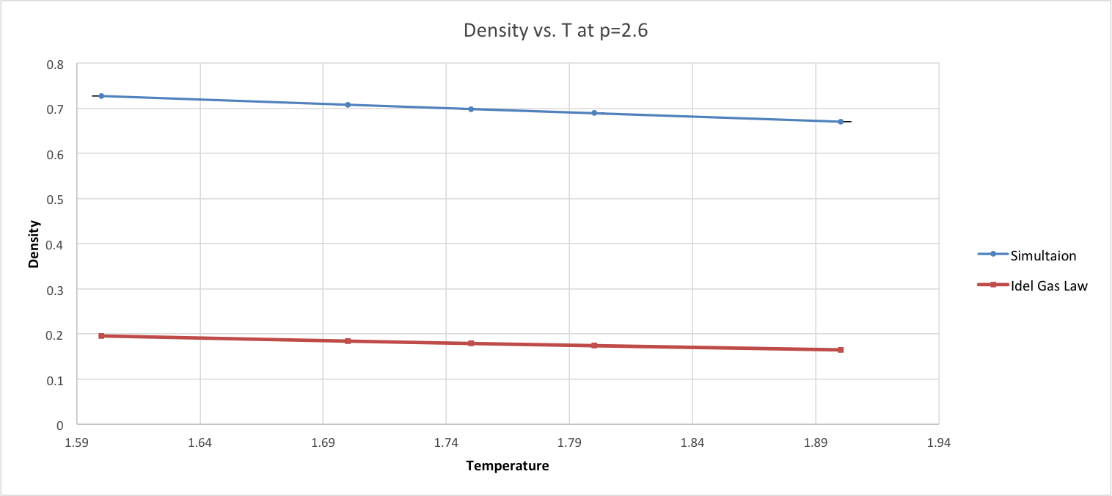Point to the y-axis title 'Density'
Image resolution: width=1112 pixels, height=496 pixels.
coord(34,244)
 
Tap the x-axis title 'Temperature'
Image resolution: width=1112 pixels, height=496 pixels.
coord(507,466)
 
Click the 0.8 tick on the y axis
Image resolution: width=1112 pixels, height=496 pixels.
coord(56,64)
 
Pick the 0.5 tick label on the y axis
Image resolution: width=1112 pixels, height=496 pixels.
coord(56,199)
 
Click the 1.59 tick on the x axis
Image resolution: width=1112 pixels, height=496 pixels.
coord(76,443)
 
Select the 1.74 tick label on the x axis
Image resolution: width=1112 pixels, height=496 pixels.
coord(446,443)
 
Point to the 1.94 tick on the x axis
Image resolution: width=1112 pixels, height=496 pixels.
coord(939,443)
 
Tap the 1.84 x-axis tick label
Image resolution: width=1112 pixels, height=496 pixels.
coord(692,443)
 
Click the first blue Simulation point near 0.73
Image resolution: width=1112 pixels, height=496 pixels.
coord(101,96)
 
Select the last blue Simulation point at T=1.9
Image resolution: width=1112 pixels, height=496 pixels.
coord(841,122)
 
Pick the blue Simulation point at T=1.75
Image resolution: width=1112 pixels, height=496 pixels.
coord(471,109)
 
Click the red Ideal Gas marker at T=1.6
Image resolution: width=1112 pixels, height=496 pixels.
coord(101,336)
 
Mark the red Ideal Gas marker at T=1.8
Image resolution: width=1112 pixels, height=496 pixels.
coord(594,346)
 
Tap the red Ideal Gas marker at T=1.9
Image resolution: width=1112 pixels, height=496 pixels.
coord(841,350)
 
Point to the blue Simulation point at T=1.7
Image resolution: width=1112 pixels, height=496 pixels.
coord(348,105)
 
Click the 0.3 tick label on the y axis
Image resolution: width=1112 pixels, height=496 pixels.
coord(56,290)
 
